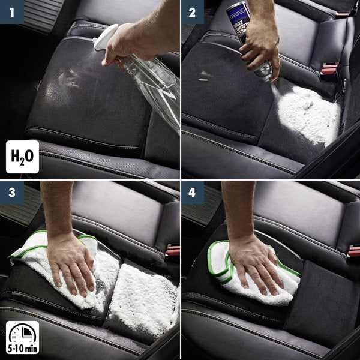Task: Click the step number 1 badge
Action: coord(11,11)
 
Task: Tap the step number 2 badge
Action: coord(193,11)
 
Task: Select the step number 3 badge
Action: coord(11,193)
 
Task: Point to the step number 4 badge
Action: coord(193,193)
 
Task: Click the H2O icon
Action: coord(22,157)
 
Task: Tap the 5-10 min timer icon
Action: coord(22,338)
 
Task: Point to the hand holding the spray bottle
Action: coord(129,45)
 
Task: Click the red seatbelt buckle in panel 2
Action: coord(329,69)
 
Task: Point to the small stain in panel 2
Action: coord(206,76)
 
